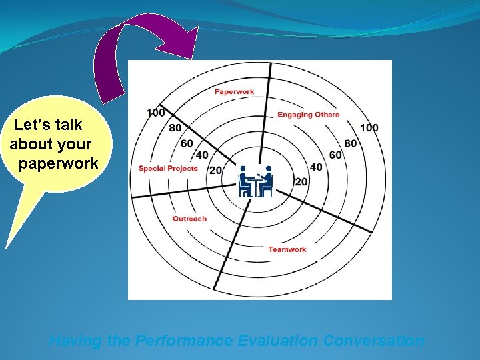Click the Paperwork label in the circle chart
(x=234, y=91)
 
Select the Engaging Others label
(x=308, y=115)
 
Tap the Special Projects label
(x=168, y=169)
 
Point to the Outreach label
(x=189, y=219)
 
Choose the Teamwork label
(x=287, y=249)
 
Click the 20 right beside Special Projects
(x=215, y=170)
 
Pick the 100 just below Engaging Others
(x=369, y=128)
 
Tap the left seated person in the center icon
(x=245, y=181)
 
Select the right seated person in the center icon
(x=267, y=181)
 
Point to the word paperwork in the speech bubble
(x=59, y=163)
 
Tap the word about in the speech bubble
(x=27, y=144)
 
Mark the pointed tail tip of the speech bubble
(x=7, y=247)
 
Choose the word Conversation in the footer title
(x=373, y=341)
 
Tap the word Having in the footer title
(x=75, y=341)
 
